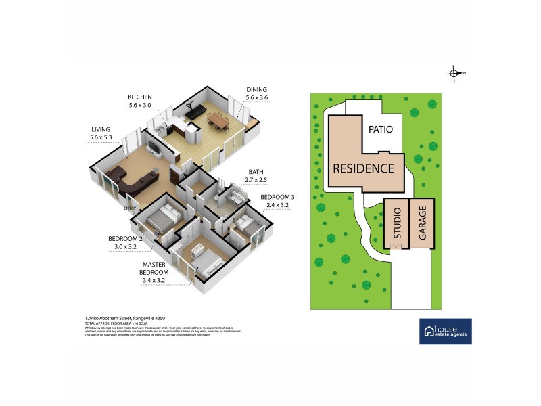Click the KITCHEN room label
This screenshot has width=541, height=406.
point(140,97)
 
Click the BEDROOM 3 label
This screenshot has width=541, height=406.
point(277,197)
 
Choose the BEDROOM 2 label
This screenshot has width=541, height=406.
point(125,239)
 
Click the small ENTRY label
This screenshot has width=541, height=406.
point(130,208)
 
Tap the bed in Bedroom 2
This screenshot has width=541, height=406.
point(163,219)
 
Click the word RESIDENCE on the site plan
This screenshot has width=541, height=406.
point(362,168)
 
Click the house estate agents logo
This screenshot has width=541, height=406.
point(446,331)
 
